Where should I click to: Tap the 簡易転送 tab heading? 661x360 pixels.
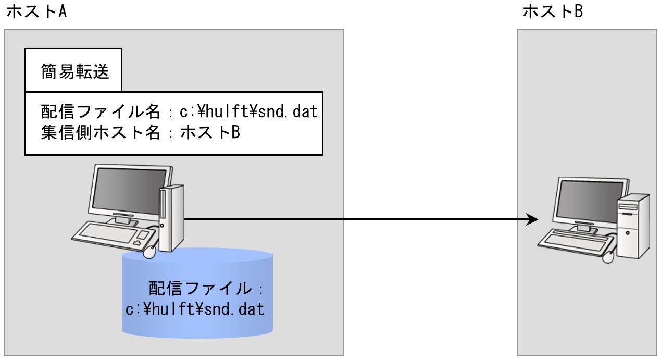[x=75, y=72]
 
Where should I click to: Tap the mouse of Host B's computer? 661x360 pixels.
[x=608, y=256]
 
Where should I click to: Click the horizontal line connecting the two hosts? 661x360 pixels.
[x=354, y=219]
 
